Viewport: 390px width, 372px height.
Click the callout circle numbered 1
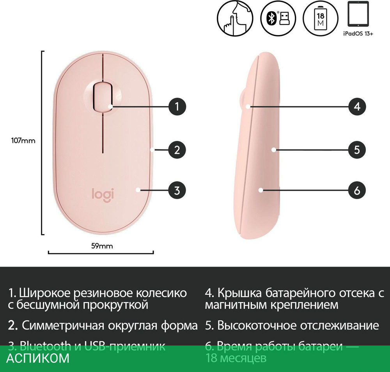177,106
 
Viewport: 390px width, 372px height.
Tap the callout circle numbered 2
177,150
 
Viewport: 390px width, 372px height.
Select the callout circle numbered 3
177,190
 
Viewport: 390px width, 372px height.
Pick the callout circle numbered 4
357,106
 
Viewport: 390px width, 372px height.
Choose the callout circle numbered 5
357,150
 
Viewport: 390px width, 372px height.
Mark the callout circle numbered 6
357,190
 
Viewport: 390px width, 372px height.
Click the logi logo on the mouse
103,194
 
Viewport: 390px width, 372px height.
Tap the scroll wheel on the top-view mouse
103,96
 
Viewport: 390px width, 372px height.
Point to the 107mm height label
23,141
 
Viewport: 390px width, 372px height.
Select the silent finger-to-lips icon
233,18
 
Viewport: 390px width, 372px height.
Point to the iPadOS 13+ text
358,34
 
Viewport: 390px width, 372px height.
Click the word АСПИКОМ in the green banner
38,358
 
